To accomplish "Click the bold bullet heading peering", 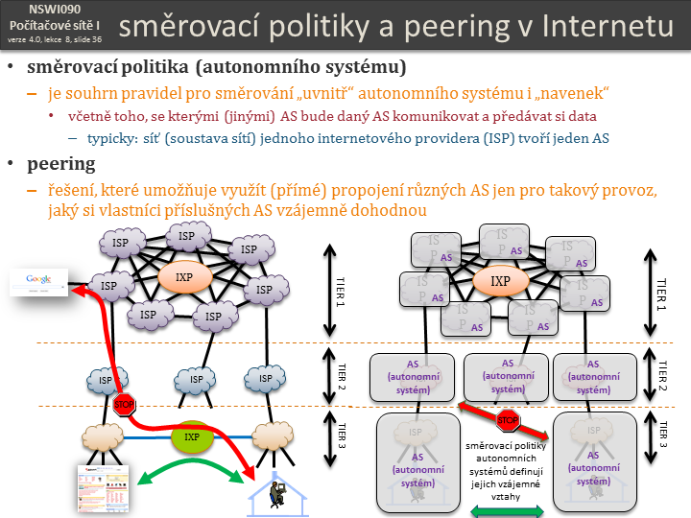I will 61,163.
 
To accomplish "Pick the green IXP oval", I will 192,438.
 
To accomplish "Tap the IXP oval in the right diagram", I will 500,282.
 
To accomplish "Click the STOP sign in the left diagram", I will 125,405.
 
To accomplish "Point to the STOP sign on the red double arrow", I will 508,420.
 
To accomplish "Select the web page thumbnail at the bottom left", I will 102,485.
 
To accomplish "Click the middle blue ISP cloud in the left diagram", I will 197,379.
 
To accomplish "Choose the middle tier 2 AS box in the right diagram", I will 508,377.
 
